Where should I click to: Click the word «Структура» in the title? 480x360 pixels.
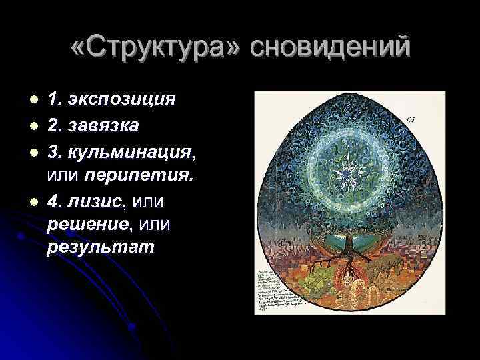pyautogui.click(x=159, y=47)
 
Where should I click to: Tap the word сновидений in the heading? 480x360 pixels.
pyautogui.click(x=331, y=47)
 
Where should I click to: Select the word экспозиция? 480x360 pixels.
pyautogui.click(x=121, y=100)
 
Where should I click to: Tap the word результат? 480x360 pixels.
pyautogui.click(x=101, y=248)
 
